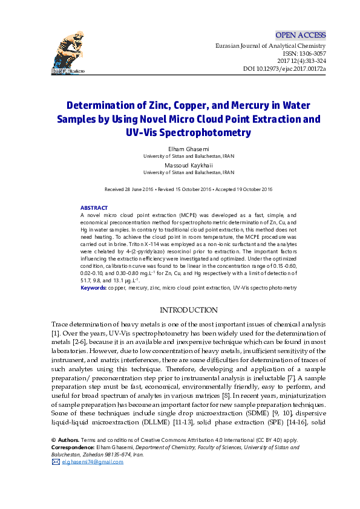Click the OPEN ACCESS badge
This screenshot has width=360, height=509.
click(x=300, y=35)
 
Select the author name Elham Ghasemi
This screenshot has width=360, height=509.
click(x=189, y=149)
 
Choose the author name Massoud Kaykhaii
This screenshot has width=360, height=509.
click(x=189, y=164)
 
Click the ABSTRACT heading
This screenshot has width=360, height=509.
click(x=94, y=208)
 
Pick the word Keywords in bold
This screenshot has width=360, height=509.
click(x=94, y=288)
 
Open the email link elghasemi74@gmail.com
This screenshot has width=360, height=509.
click(x=93, y=462)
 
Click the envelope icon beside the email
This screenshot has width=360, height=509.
click(x=56, y=462)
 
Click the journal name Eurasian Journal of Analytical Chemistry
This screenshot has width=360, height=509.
click(x=270, y=46)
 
